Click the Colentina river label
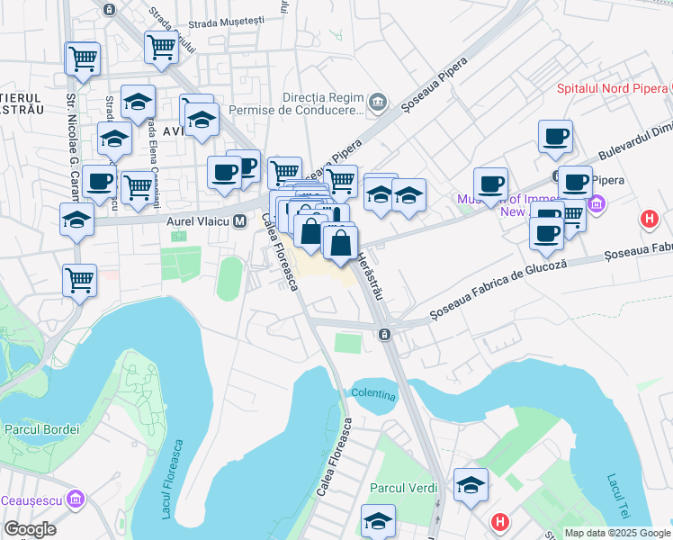point(373,393)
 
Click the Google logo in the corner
point(30,529)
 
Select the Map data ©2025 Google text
point(618,533)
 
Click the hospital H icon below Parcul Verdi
point(500,522)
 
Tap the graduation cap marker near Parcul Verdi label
point(378,519)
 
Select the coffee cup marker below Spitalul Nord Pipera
point(555,137)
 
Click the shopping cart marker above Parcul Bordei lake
point(80,280)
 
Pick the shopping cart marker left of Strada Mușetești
point(161,47)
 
